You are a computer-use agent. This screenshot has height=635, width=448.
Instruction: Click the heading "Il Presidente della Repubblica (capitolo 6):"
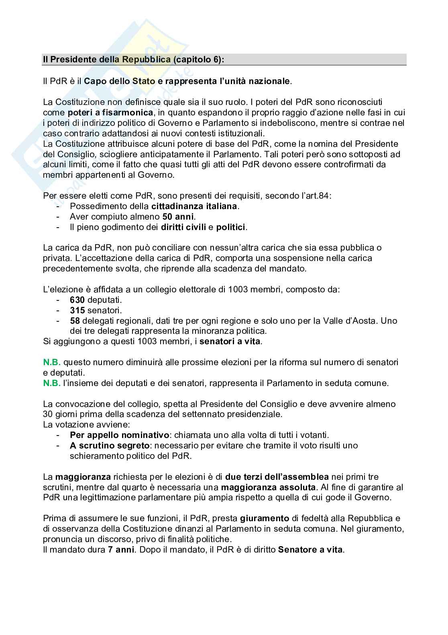pos(134,60)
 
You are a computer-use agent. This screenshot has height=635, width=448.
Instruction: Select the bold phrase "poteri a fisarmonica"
pos(110,112)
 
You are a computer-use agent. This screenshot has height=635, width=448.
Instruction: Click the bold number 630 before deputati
pos(77,300)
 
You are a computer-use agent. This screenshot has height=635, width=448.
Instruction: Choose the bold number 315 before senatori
pos(77,310)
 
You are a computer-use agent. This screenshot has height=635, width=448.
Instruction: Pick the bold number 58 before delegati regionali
pos(75,321)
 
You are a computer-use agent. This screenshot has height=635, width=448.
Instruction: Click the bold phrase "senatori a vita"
pos(230,342)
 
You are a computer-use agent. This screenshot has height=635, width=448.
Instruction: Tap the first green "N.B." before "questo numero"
pos(52,362)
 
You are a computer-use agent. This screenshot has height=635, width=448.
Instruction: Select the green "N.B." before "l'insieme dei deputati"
pos(52,383)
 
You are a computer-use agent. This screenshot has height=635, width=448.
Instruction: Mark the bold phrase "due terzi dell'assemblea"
pos(277,477)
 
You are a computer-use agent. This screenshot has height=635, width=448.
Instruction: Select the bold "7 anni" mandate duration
pos(121,550)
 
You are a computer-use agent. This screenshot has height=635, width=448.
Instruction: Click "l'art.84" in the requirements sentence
pos(313,196)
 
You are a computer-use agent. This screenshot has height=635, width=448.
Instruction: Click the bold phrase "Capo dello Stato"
pos(120,81)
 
